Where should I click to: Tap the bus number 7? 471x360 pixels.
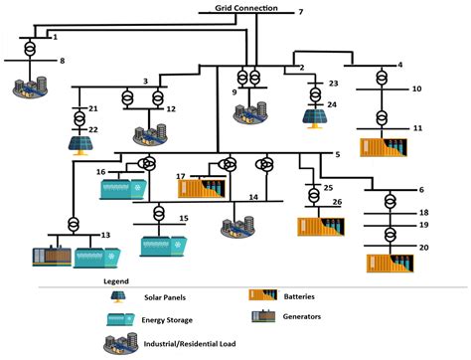pyautogui.click(x=301, y=11)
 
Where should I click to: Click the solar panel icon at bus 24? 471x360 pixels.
pyautogui.click(x=316, y=116)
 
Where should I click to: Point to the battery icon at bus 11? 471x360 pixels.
pyautogui.click(x=383, y=146)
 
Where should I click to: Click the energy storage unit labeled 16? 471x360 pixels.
pyautogui.click(x=125, y=185)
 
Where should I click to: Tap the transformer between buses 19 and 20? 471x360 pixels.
pyautogui.click(x=391, y=235)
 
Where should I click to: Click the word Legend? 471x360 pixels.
pyautogui.click(x=116, y=281)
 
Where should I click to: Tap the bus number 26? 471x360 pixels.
pyautogui.click(x=337, y=202)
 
